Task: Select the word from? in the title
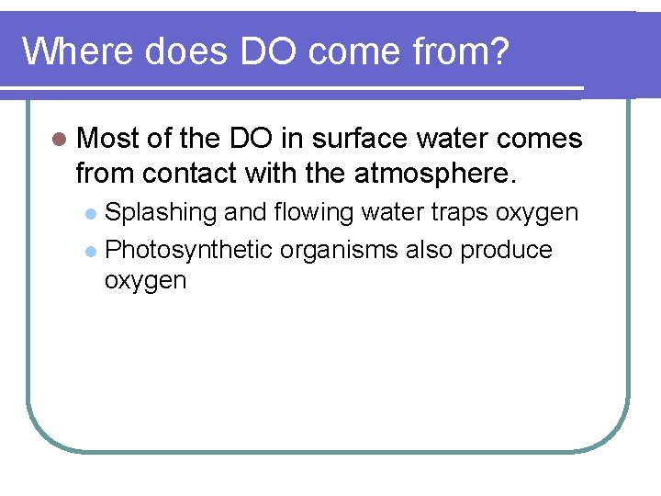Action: coord(459,52)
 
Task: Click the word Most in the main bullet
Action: coord(108,139)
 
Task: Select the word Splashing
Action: coord(161,213)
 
